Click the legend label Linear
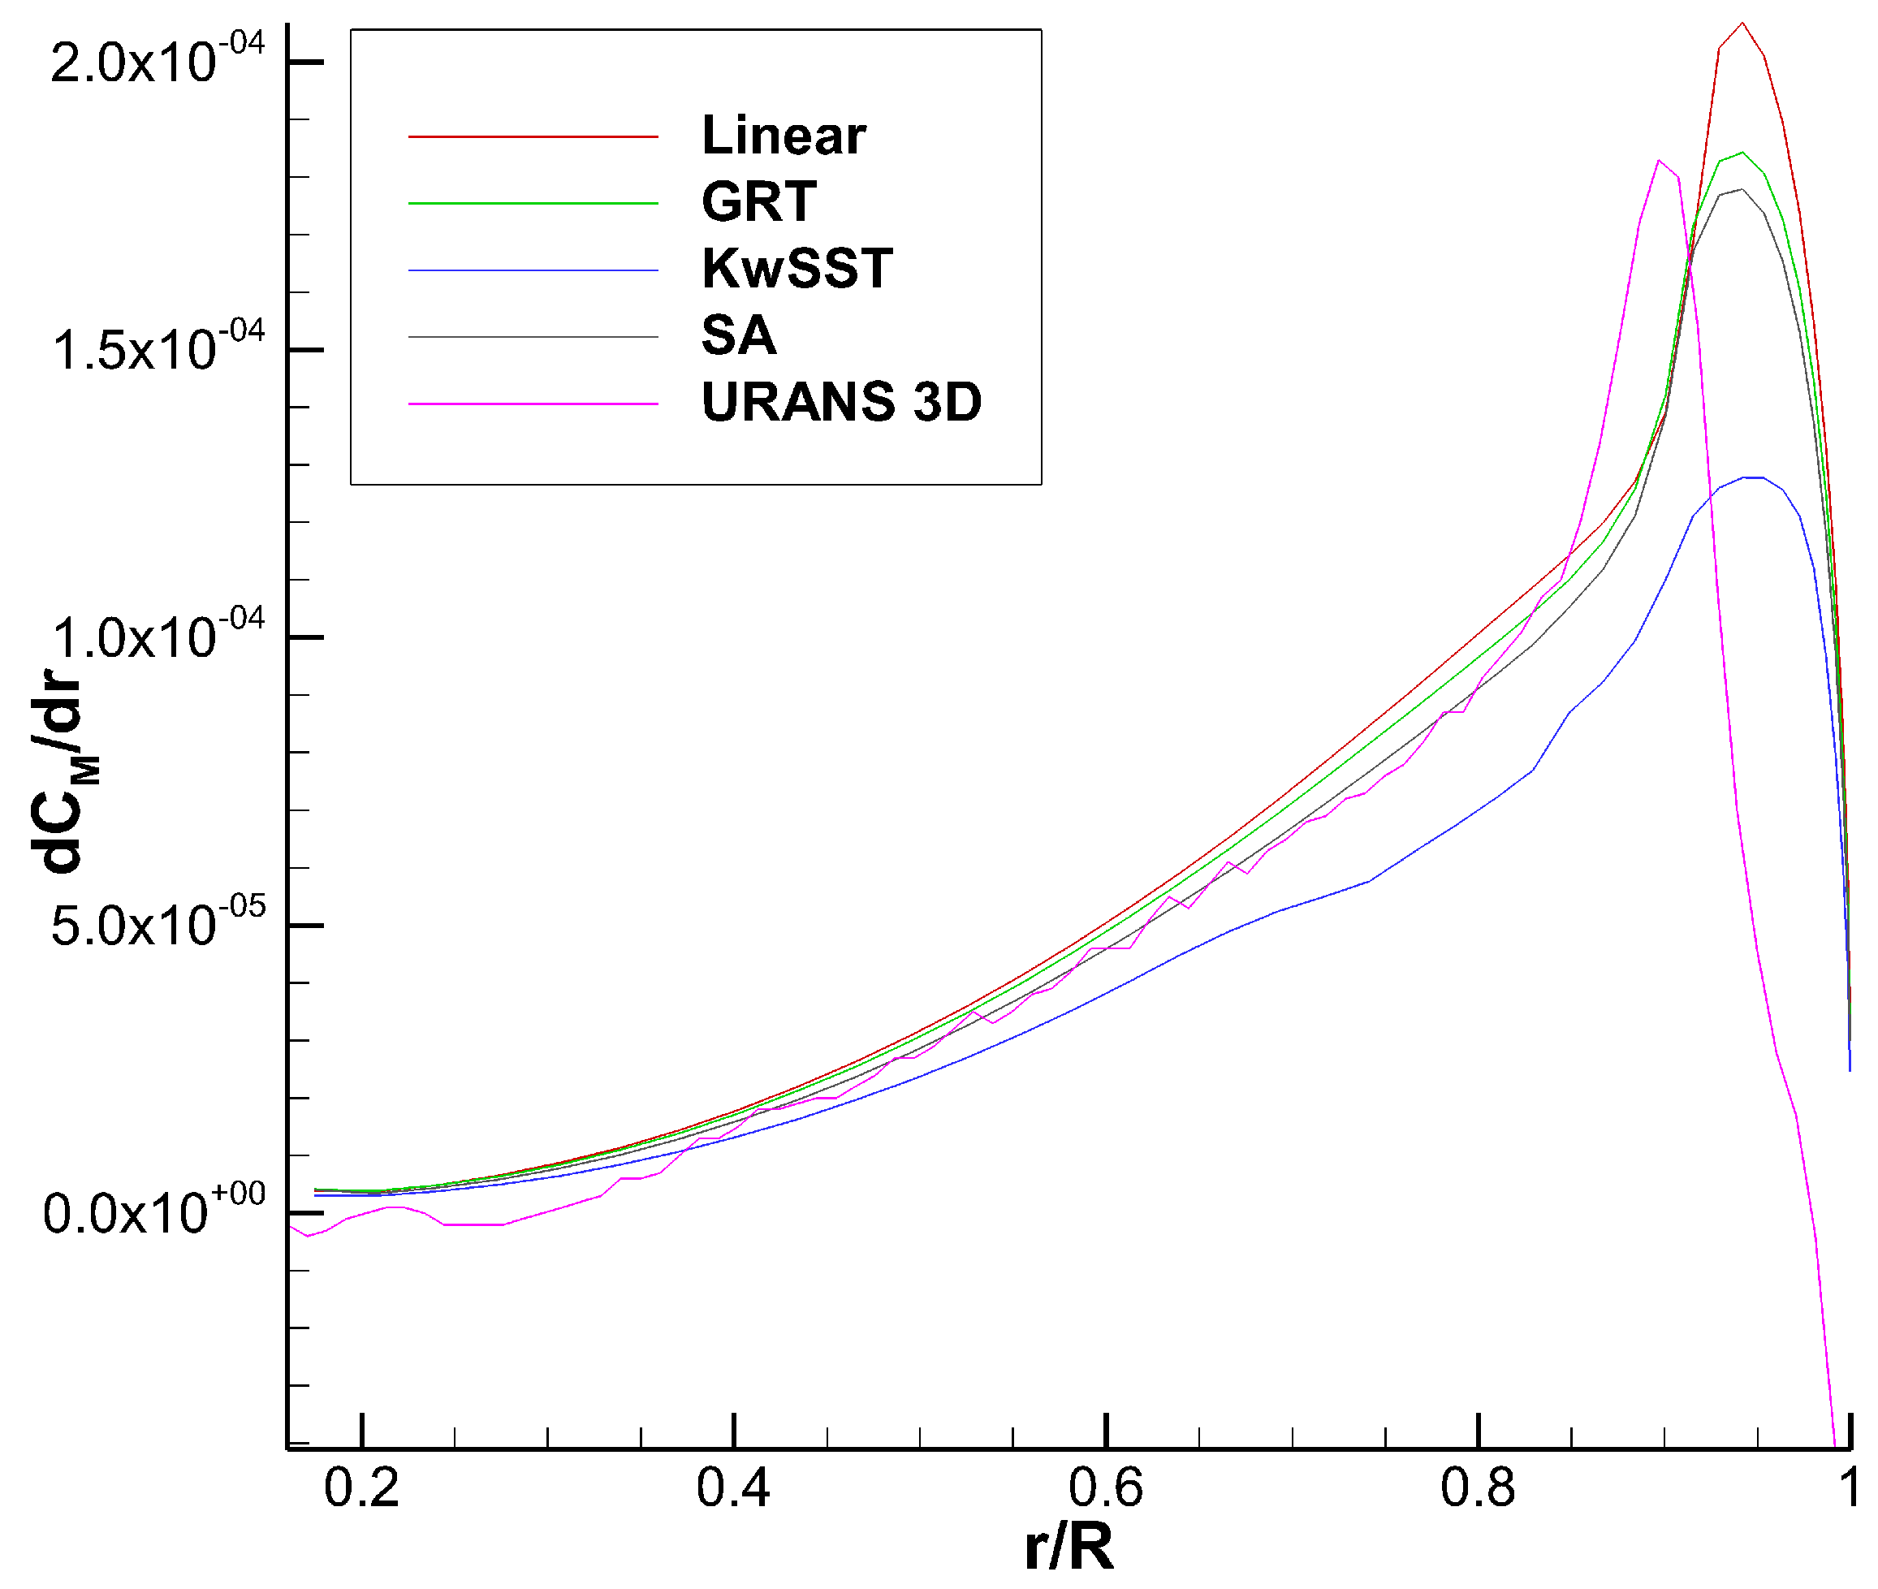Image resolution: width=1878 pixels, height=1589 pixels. (x=783, y=136)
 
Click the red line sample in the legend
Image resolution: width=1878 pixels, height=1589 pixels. (x=533, y=137)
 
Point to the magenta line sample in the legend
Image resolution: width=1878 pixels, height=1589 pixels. (x=533, y=404)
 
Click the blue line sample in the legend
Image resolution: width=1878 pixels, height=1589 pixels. (x=533, y=270)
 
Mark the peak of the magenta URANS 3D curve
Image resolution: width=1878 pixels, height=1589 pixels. (x=1658, y=162)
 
